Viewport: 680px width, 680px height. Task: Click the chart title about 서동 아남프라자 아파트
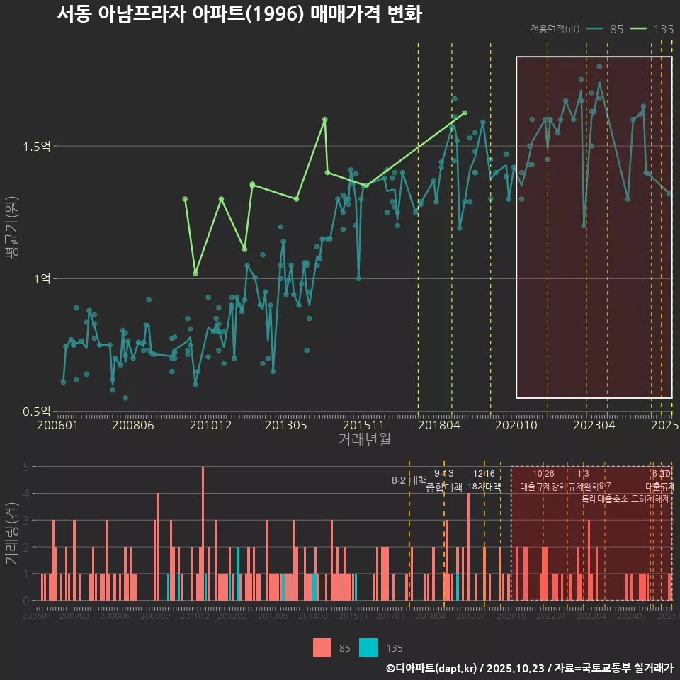(239, 14)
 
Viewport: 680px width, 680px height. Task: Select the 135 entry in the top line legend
(652, 29)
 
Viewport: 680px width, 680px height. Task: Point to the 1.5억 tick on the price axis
(36, 147)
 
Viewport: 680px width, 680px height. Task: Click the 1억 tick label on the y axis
(42, 279)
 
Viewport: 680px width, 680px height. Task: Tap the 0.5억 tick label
(36, 411)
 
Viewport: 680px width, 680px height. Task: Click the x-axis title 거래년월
(364, 440)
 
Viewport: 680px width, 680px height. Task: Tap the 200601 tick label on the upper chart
(57, 426)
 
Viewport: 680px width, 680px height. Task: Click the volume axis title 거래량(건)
(11, 533)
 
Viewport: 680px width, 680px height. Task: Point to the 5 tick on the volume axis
(25, 467)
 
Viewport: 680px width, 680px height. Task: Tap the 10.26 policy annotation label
(543, 474)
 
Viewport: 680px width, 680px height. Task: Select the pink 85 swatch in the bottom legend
(322, 647)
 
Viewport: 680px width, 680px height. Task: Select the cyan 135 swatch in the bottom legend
(368, 647)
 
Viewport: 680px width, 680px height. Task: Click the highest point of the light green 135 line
(324, 120)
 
